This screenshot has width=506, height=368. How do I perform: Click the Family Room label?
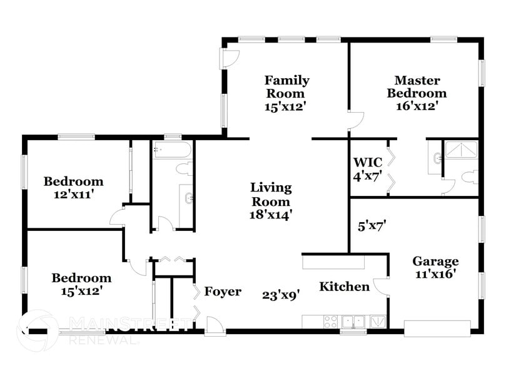(286, 86)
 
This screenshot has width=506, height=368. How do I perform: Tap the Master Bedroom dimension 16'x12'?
(416, 106)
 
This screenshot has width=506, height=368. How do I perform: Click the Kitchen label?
(344, 287)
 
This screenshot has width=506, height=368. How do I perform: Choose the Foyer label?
(223, 292)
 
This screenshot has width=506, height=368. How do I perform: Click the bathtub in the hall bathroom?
(172, 151)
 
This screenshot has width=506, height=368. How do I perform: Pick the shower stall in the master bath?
(460, 150)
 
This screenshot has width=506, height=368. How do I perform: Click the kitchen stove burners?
(331, 322)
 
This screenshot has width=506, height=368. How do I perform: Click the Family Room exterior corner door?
(230, 58)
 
